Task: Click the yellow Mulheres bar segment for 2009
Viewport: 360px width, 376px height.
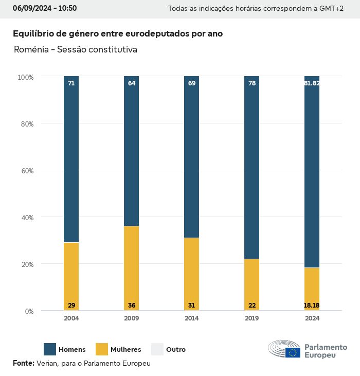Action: pyautogui.click(x=132, y=267)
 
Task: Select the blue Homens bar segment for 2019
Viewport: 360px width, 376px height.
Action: pyautogui.click(x=252, y=167)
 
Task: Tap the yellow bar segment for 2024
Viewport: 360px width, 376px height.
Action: pyautogui.click(x=312, y=288)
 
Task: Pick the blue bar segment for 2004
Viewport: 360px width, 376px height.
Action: pyautogui.click(x=71, y=159)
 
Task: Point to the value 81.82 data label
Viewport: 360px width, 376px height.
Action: pyautogui.click(x=312, y=83)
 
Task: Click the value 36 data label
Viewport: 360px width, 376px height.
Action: pyautogui.click(x=132, y=306)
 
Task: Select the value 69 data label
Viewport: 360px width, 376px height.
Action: pyautogui.click(x=192, y=83)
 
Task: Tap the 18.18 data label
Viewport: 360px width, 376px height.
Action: pyautogui.click(x=312, y=306)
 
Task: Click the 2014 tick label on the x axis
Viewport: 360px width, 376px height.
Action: pyautogui.click(x=192, y=318)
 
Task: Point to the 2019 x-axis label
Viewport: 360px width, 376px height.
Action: pyautogui.click(x=252, y=318)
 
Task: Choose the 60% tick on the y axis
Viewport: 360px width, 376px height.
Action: pyautogui.click(x=26, y=170)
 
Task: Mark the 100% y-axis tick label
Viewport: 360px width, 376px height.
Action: pyautogui.click(x=26, y=77)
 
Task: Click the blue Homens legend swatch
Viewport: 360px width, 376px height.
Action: pyautogui.click(x=50, y=349)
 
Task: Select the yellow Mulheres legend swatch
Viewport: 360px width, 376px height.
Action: pyautogui.click(x=102, y=349)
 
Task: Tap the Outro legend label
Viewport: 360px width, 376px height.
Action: pyautogui.click(x=176, y=350)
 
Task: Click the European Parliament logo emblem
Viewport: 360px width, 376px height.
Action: pyautogui.click(x=284, y=349)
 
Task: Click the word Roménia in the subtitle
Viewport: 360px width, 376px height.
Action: pyautogui.click(x=31, y=50)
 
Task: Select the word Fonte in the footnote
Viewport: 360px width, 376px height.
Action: pyautogui.click(x=24, y=363)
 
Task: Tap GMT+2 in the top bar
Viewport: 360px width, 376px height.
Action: pyautogui.click(x=331, y=9)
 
